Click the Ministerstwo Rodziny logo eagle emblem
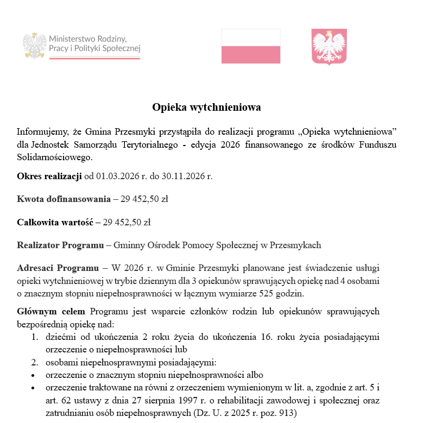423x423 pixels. click(x=35, y=45)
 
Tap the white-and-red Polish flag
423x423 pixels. click(x=251, y=46)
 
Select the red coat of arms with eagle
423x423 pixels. click(x=329, y=47)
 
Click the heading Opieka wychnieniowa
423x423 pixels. click(x=206, y=107)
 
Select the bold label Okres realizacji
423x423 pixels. click(x=49, y=176)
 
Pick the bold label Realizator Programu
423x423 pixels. click(x=60, y=245)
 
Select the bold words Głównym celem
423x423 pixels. click(x=51, y=312)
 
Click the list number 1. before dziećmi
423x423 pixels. click(x=34, y=337)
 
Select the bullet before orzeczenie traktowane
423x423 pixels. click(x=34, y=388)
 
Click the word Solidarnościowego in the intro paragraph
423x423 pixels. click(x=54, y=157)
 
